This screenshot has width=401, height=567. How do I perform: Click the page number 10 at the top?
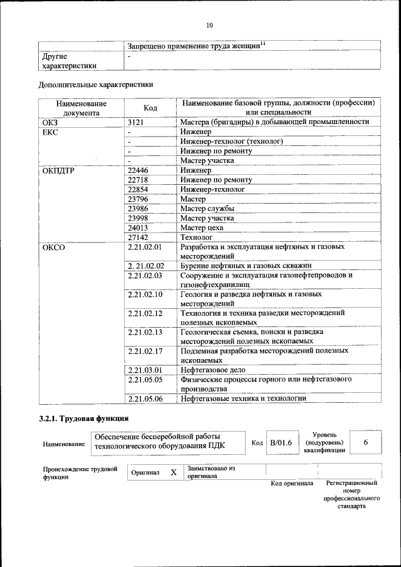[209, 25]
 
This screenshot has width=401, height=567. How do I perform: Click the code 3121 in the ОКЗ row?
[136, 122]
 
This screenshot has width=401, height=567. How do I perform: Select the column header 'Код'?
[150, 108]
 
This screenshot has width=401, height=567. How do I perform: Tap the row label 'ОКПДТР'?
[58, 170]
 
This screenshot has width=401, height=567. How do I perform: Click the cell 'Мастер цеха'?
[202, 228]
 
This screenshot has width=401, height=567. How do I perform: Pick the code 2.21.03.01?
[145, 370]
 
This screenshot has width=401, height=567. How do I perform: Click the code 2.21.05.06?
[145, 398]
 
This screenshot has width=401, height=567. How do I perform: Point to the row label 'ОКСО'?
[53, 247]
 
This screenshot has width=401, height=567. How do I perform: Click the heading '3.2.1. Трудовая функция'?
[83, 419]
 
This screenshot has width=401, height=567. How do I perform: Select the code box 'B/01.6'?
[281, 443]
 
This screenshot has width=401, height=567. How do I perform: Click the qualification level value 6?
[365, 442]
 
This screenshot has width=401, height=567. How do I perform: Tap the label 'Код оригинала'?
[291, 484]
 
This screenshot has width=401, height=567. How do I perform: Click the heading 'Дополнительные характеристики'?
[96, 84]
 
